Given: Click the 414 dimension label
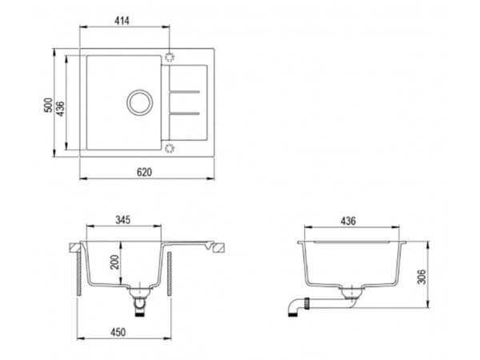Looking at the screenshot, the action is [122, 21].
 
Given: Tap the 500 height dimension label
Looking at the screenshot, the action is [48, 105].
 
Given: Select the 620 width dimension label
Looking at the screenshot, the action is [144, 172].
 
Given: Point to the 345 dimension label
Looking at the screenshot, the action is [122, 220].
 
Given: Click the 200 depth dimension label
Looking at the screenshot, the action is [114, 262].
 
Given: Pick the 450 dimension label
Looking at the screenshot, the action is [118, 332].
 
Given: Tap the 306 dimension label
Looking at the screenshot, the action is [422, 277].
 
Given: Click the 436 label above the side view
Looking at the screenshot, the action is [348, 221].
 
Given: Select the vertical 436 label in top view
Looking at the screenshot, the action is [61, 109].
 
